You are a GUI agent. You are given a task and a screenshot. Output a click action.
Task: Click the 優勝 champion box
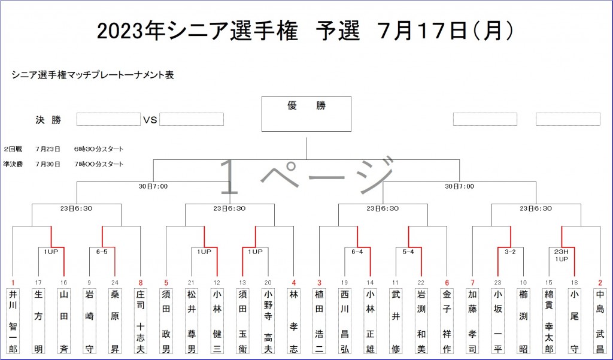306,114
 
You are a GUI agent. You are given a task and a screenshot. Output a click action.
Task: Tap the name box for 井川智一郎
13,320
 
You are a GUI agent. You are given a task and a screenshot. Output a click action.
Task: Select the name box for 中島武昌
600,320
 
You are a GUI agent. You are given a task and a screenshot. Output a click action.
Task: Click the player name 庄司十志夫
141,320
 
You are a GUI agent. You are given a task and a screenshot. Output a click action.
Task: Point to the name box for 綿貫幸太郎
548,320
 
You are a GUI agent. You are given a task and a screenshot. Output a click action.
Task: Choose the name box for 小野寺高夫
268,320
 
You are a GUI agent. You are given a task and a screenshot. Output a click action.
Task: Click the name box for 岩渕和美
421,320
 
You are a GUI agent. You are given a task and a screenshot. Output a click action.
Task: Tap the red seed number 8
141,282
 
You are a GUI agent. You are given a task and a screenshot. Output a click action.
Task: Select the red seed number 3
319,282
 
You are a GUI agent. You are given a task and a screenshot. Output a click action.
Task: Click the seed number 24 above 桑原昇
115,282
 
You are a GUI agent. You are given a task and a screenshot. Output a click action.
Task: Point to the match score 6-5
102,252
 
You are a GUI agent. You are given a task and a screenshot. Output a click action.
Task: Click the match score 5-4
408,252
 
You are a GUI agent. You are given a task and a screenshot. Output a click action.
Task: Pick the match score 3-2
510,252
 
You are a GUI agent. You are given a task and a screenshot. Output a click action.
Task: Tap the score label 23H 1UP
561,255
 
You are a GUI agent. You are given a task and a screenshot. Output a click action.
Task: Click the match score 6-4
357,252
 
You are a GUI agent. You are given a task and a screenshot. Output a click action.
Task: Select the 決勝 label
48,120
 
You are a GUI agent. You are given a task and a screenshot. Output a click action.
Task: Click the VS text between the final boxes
150,120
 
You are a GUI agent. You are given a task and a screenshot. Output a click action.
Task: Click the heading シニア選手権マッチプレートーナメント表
92,75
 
